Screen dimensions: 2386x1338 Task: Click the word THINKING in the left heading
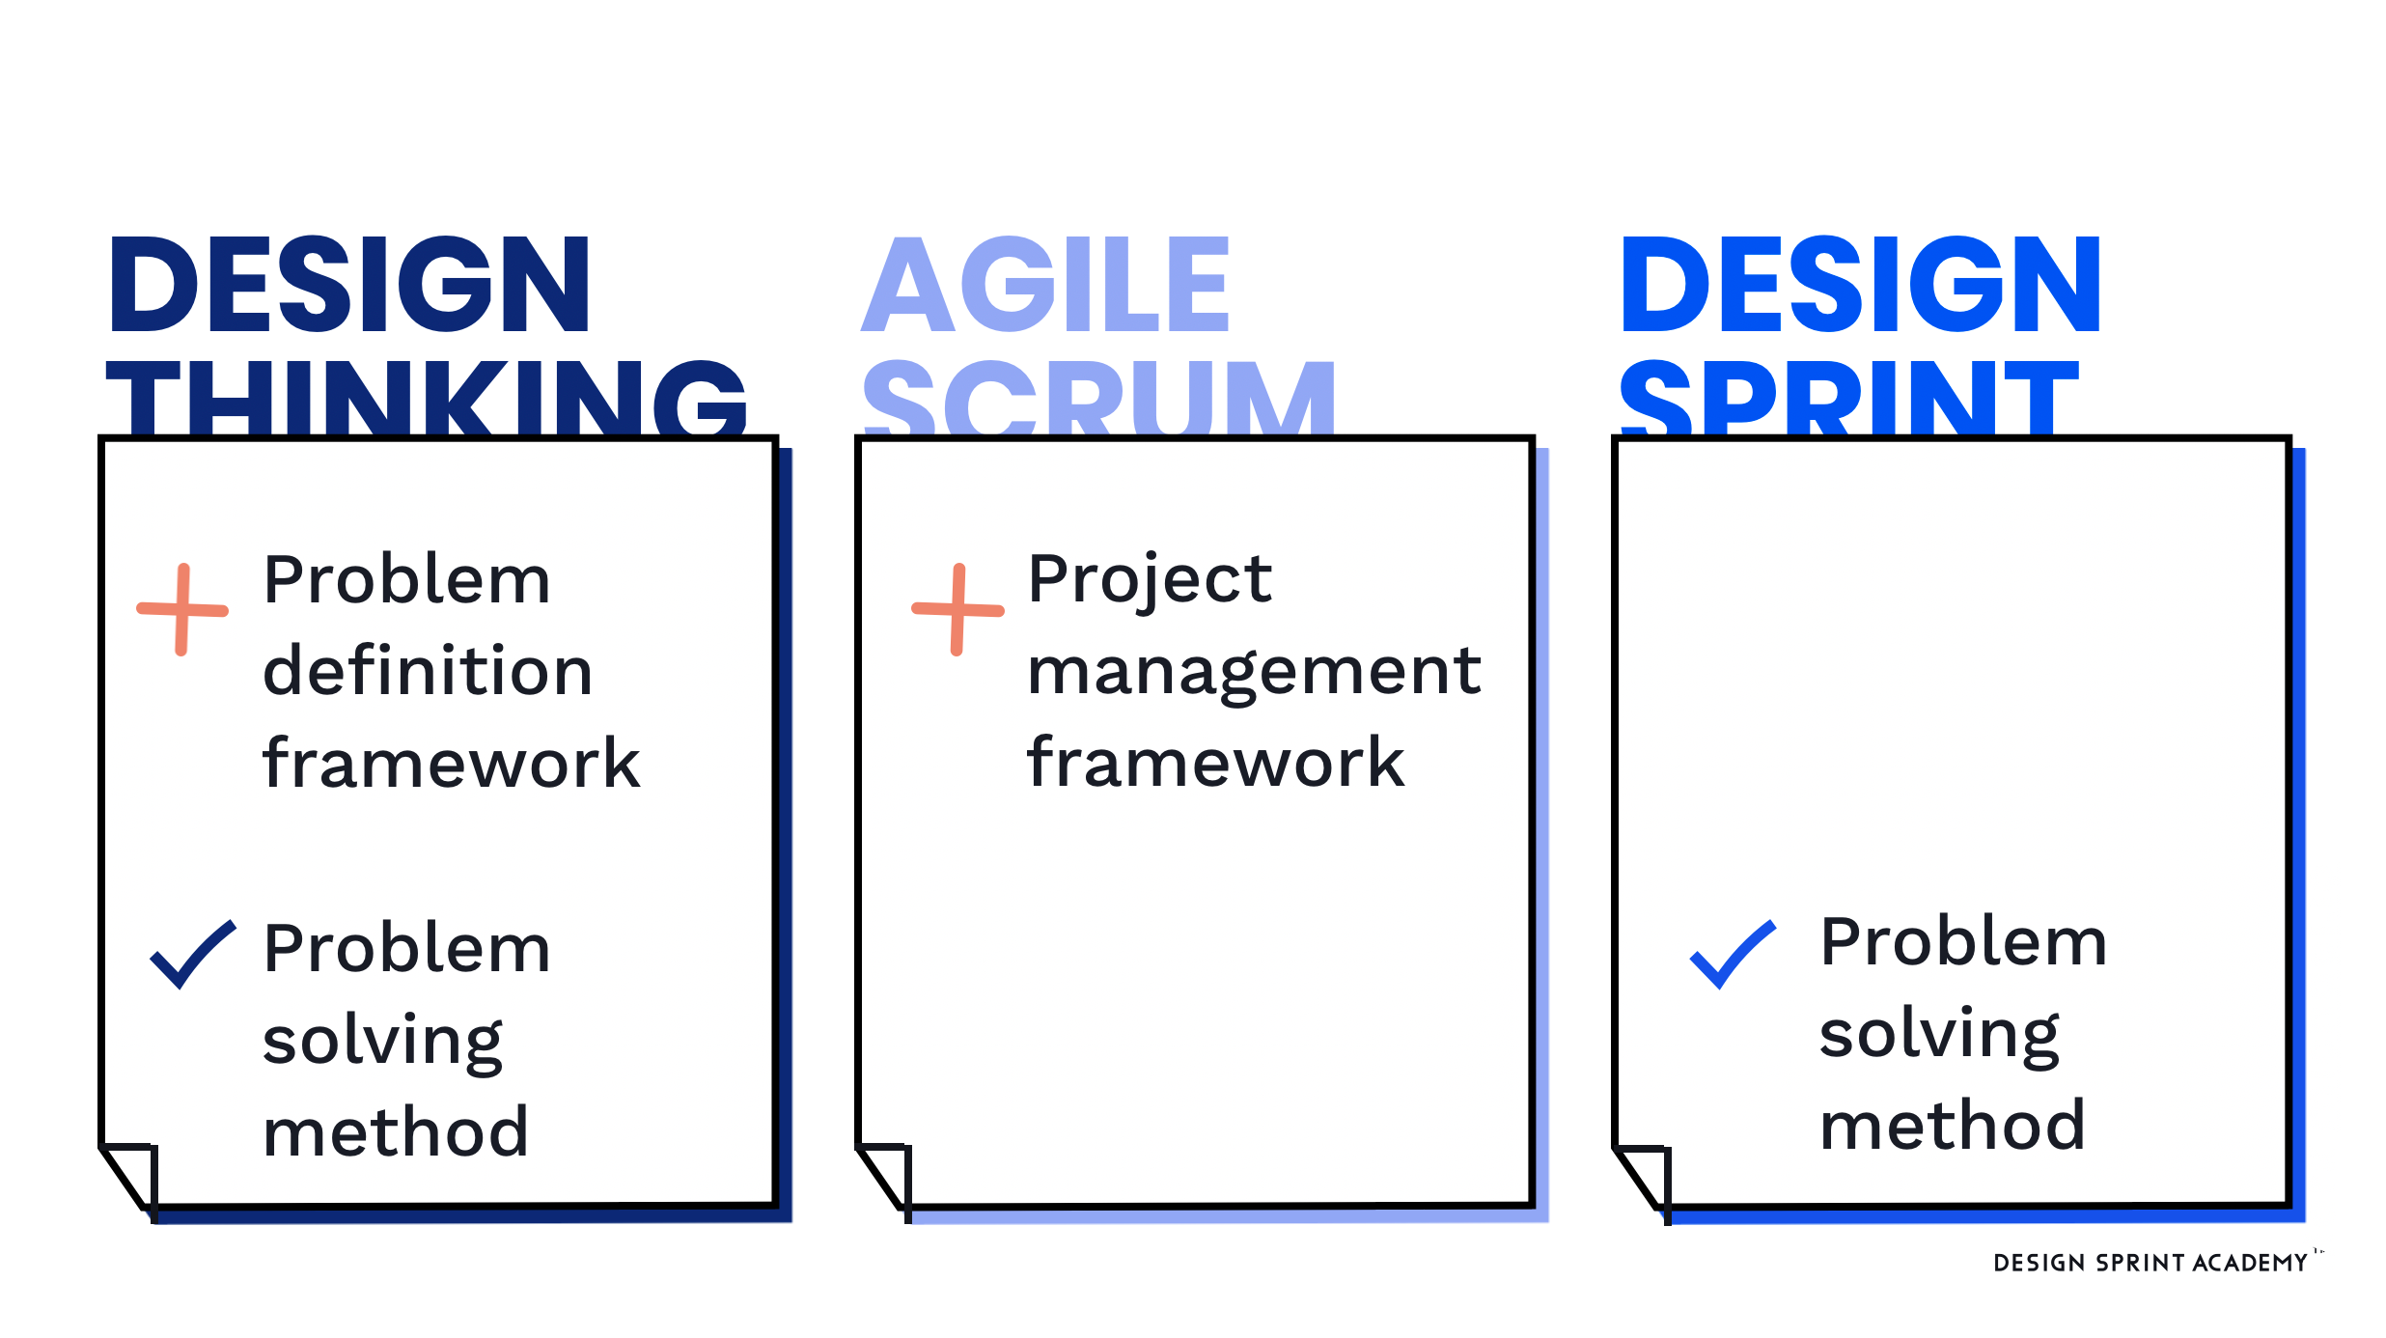426,398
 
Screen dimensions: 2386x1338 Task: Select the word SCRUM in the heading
1099,398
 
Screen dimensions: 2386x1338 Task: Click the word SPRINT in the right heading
1849,398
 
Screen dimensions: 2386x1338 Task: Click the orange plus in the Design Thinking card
182,609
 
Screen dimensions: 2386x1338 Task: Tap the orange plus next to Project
957,609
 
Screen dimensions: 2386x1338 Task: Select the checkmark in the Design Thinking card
193,954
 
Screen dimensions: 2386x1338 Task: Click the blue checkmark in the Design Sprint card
1734,954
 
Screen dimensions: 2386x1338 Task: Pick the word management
1254,673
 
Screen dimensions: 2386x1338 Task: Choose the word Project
1150,581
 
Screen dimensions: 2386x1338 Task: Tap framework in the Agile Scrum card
1216,762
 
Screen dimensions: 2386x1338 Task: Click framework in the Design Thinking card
452,763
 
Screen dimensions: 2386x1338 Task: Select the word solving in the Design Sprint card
1939,1036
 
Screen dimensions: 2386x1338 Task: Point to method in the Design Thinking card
396,1130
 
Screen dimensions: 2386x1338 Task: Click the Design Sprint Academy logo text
2150,1263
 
